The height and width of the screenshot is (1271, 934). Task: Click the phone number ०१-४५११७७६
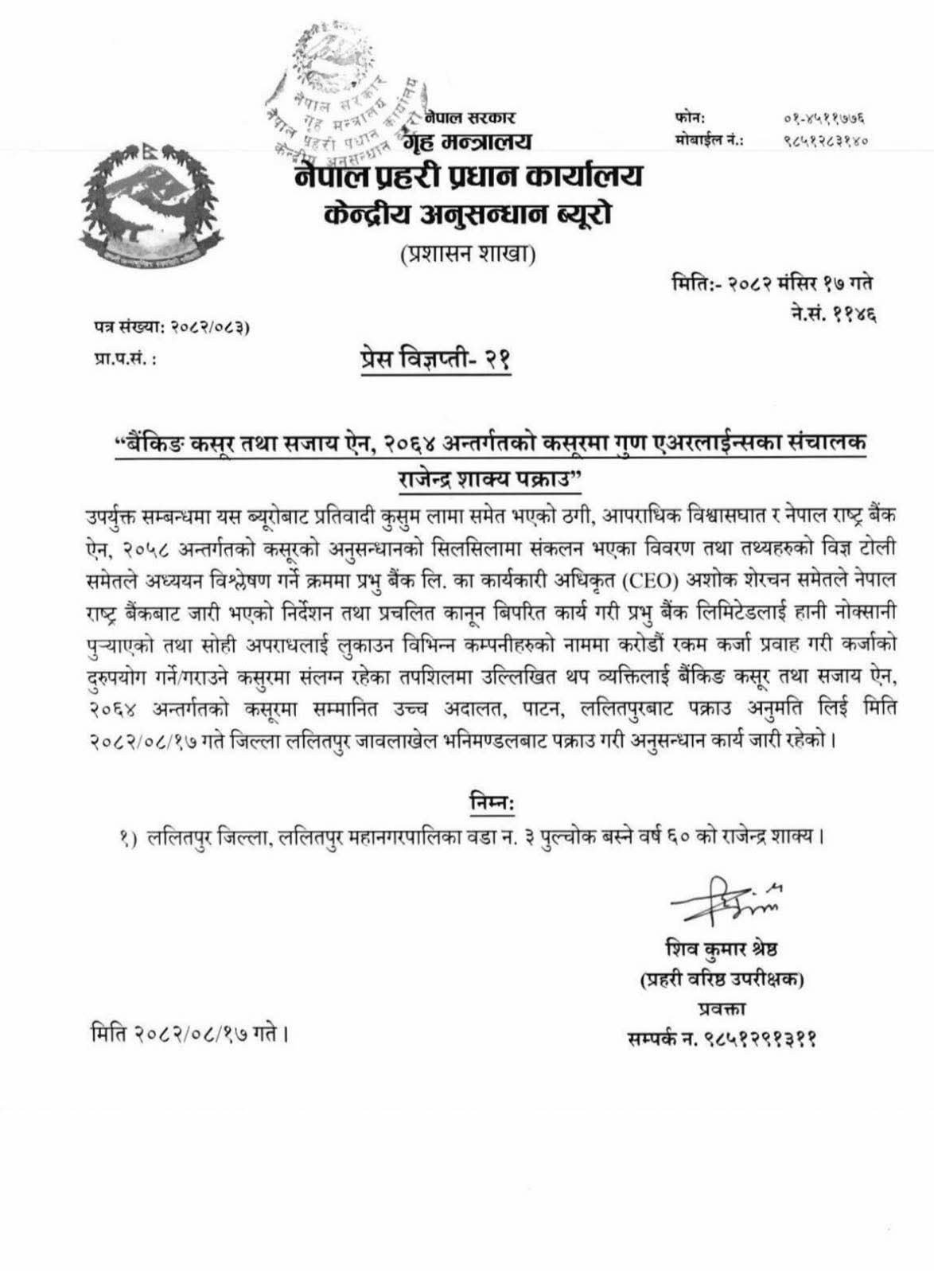pos(824,119)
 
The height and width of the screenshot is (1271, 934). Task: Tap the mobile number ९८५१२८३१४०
pos(824,140)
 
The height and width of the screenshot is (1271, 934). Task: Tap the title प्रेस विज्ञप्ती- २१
pos(434,360)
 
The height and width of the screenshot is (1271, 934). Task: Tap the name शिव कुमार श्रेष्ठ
pos(722,949)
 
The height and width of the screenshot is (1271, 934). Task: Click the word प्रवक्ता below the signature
pos(721,1009)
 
